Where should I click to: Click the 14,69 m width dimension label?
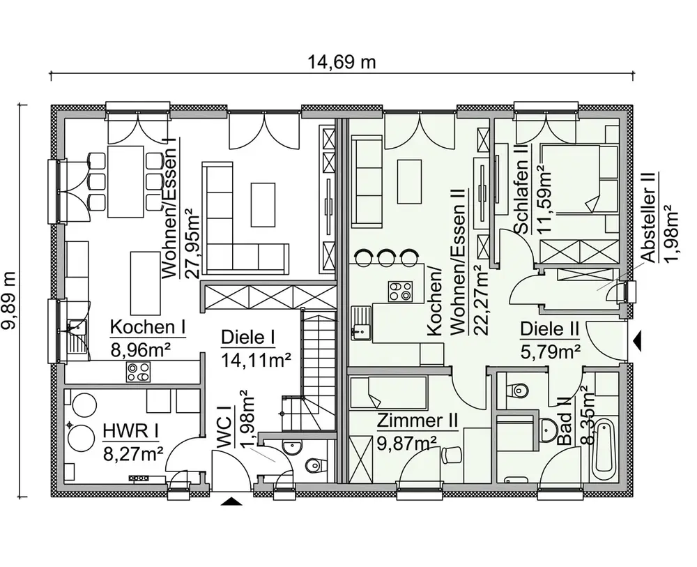click(342, 62)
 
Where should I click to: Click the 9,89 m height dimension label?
click(8, 301)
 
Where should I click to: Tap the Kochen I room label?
click(148, 327)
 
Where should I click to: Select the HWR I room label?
click(131, 431)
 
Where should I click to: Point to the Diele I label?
click(248, 338)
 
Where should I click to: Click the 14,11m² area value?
click(256, 360)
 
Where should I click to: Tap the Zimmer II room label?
click(418, 421)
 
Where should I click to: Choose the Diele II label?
click(549, 329)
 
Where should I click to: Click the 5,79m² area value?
click(550, 351)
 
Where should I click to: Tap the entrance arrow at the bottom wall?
click(231, 501)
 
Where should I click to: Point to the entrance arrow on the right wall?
click(638, 341)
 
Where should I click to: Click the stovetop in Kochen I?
click(138, 372)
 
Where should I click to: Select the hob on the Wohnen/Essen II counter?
click(399, 292)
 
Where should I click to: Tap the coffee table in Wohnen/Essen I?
click(263, 204)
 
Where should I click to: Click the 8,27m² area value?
click(133, 455)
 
